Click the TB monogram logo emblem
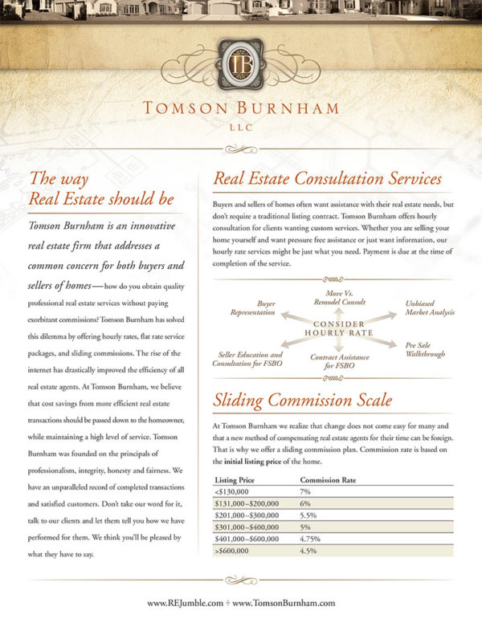tap(240, 65)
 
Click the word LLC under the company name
tap(241, 125)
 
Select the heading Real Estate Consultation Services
tap(327, 178)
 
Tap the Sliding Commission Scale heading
tap(301, 400)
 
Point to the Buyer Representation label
tap(255, 309)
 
